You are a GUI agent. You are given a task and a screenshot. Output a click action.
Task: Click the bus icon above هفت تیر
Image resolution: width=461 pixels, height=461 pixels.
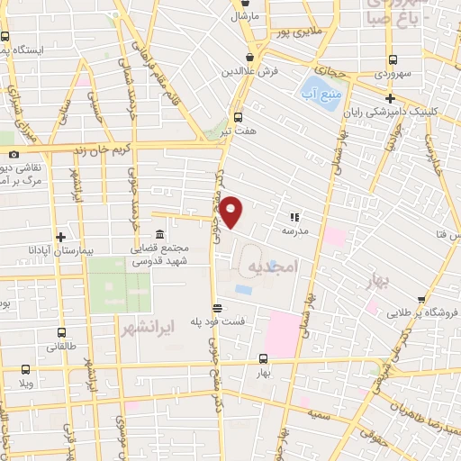(238, 116)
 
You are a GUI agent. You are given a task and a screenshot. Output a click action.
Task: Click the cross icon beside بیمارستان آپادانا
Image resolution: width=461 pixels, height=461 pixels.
(60, 238)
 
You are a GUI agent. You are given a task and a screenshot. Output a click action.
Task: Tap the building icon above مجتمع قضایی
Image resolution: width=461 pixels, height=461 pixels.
(146, 234)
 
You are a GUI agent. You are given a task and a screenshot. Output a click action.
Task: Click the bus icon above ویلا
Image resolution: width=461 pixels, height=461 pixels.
(25, 368)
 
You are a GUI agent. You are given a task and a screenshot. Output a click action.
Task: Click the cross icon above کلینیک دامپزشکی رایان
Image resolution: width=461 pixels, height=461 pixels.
(390, 98)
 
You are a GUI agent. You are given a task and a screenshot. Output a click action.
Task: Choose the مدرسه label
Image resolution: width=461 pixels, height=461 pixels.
(295, 230)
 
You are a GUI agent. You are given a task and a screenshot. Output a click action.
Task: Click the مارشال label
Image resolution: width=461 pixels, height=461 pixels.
(244, 16)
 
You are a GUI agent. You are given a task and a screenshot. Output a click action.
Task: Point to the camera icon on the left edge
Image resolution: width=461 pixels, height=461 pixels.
(13, 154)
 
